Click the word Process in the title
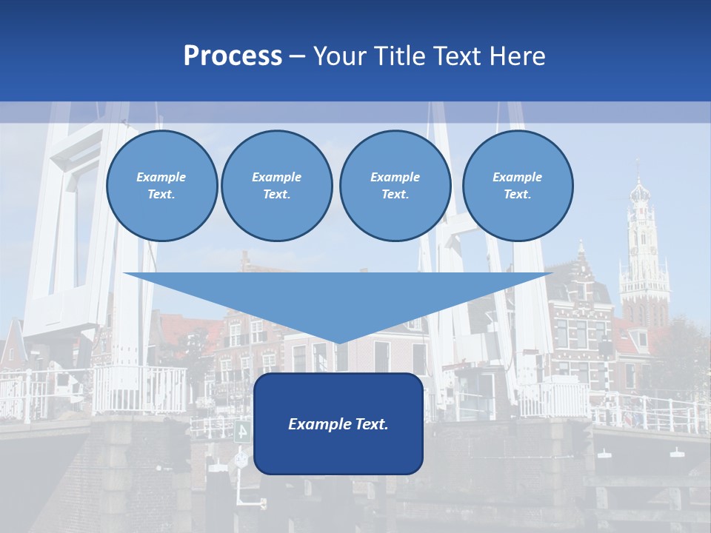233,56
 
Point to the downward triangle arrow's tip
338,342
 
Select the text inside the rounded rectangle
338,424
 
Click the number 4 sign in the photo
242,431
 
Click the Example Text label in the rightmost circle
517,185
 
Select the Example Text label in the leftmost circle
161,185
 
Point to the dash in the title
298,56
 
